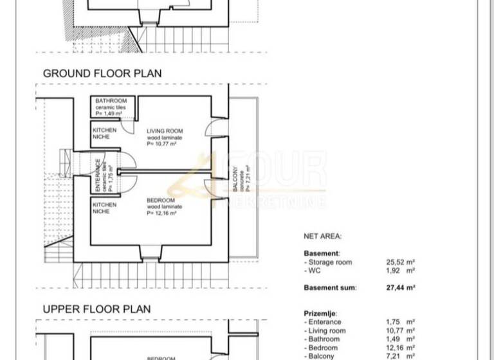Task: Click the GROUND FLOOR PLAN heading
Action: tap(102, 73)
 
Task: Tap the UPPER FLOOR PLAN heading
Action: tap(96, 309)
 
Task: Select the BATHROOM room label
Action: tap(111, 101)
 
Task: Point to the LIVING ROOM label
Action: tap(165, 131)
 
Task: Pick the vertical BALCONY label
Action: tap(235, 178)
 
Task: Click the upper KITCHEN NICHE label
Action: tap(105, 134)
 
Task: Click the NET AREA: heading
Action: tap(322, 237)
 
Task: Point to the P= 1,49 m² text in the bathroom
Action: tap(109, 113)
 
